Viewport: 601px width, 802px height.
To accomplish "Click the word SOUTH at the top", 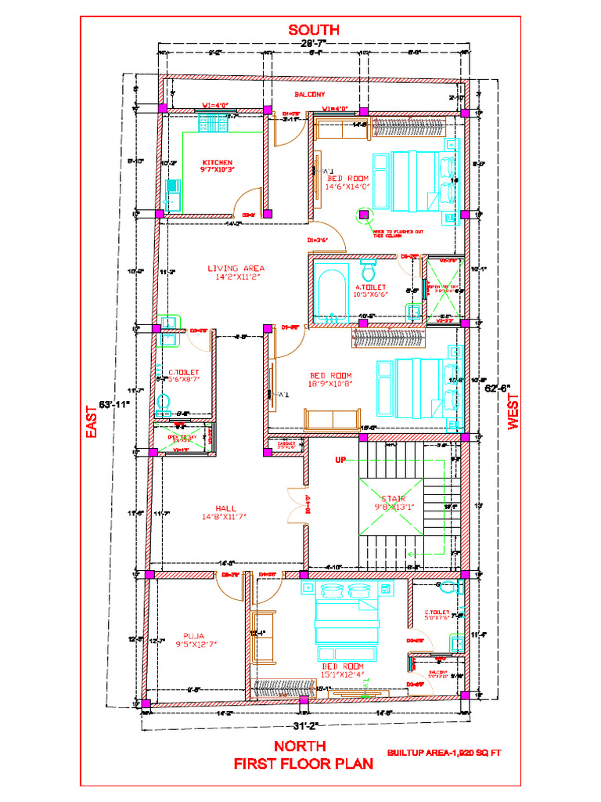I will coord(313,30).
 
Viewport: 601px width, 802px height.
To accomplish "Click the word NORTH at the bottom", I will coord(300,746).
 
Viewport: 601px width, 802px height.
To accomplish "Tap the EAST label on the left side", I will coord(92,421).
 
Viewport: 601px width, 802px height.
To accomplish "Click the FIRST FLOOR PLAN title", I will coord(304,764).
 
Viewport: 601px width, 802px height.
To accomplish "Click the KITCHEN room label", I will coord(218,163).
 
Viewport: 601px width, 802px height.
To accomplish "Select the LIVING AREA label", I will coord(236,268).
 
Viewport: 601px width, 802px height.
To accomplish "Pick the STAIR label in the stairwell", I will coord(393,498).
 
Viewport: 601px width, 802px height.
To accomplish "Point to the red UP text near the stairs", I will coord(340,460).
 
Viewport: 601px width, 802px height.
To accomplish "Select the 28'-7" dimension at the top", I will coord(313,43).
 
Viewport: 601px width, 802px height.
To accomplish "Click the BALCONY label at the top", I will coord(310,95).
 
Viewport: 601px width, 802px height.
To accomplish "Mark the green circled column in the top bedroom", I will coord(364,212).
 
